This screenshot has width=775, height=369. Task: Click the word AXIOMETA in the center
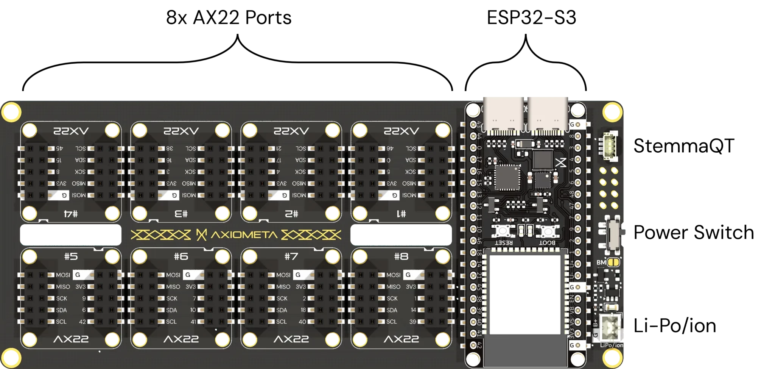click(244, 235)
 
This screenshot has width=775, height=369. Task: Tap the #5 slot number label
click(71, 256)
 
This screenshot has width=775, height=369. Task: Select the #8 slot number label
click(401, 256)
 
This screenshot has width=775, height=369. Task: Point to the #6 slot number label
click(181, 256)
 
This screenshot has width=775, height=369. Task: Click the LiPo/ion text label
click(612, 345)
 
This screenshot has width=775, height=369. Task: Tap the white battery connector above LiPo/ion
click(610, 325)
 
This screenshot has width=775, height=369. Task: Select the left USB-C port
click(503, 114)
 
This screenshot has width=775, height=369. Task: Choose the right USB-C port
click(548, 114)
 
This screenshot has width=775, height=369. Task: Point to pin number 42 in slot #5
click(82, 322)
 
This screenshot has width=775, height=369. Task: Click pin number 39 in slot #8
click(412, 322)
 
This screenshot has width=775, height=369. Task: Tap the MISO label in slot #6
click(173, 287)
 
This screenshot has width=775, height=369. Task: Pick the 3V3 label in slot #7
click(301, 287)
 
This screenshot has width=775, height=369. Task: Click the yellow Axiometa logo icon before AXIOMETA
click(201, 235)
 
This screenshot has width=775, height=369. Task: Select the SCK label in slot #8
click(392, 299)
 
